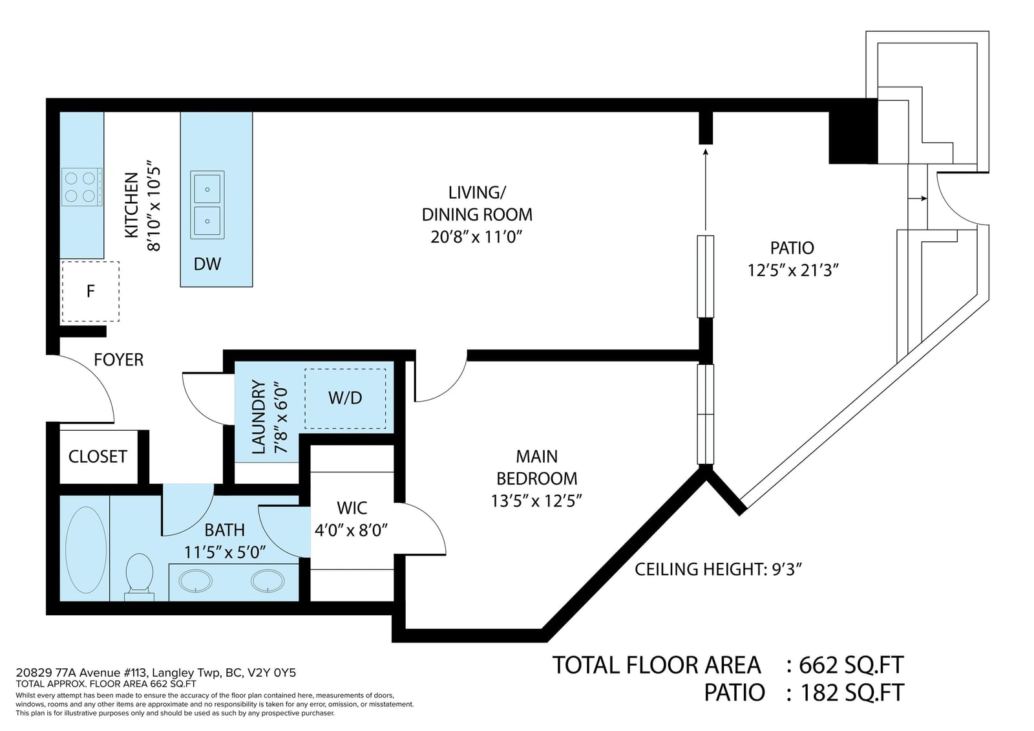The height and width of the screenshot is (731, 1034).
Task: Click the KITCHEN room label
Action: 132,205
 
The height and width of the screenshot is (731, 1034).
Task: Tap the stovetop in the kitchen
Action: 81,187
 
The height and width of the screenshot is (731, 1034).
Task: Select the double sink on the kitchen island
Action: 207,204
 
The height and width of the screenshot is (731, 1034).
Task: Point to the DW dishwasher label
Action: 207,264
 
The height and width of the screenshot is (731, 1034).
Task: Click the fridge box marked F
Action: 90,291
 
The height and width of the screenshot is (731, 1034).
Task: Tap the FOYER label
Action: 119,360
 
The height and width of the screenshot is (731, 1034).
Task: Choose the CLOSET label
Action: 98,457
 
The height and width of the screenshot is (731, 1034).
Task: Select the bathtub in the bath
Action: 87,550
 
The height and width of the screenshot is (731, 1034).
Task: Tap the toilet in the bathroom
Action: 140,576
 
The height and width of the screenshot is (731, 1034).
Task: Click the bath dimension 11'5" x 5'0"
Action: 225,552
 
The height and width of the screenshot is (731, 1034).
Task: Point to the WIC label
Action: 352,508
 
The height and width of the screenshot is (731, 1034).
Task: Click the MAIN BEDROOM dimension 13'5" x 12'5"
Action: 536,501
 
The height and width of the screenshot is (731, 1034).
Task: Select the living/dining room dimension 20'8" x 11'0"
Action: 476,237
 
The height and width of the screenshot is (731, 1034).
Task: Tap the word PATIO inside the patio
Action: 792,248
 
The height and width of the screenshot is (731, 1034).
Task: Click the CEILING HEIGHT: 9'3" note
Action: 718,569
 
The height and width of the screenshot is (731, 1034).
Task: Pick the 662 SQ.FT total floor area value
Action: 851,666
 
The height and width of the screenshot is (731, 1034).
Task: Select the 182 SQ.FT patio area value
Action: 852,693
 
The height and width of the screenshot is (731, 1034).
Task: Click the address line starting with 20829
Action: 156,673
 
